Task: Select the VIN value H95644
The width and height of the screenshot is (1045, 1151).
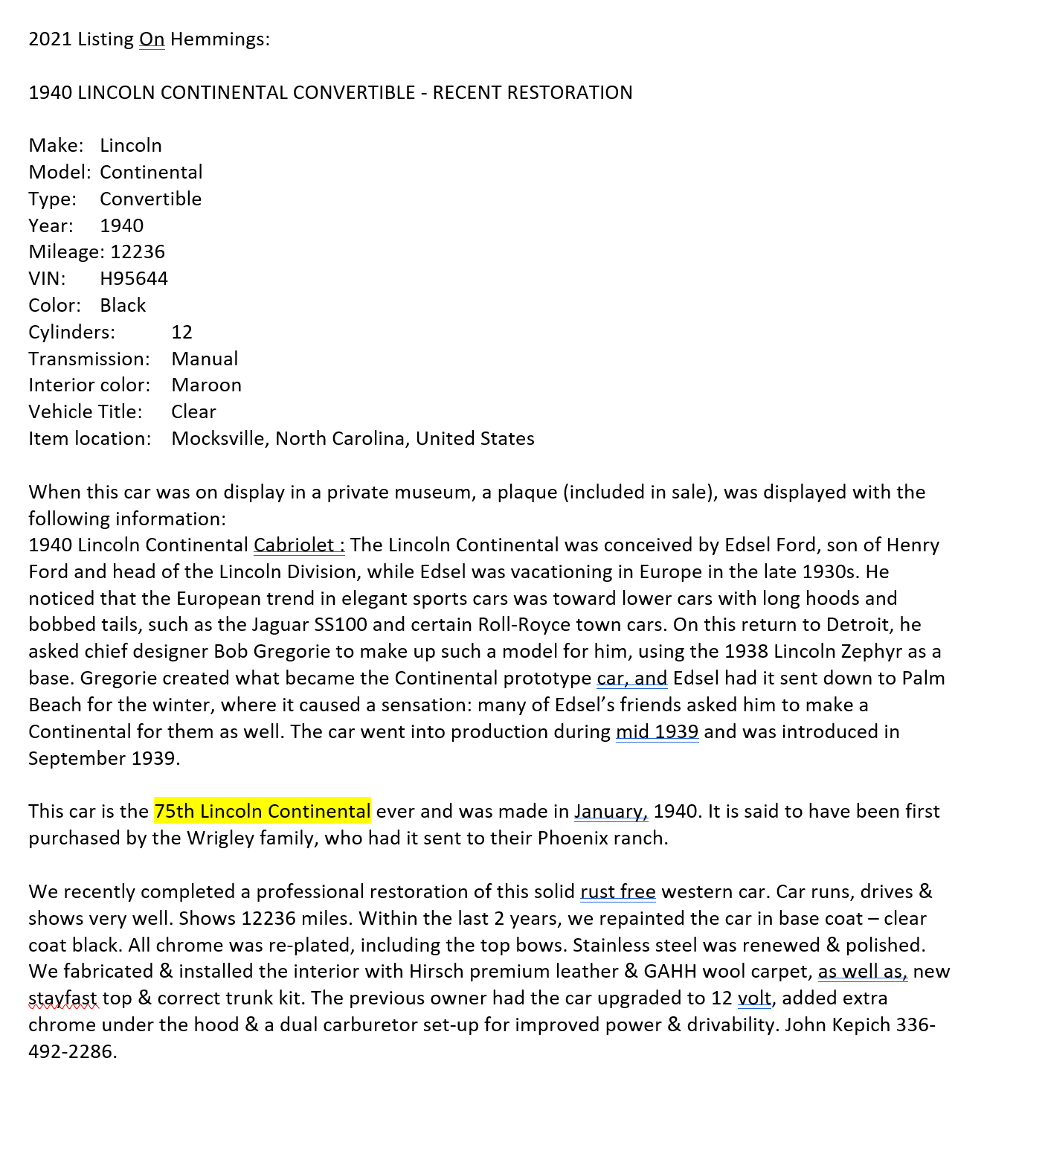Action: tap(134, 279)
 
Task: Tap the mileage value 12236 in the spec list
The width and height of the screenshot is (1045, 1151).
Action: tap(138, 252)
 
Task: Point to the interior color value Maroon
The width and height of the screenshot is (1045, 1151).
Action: tap(206, 385)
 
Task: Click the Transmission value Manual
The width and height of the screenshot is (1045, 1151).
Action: tap(205, 359)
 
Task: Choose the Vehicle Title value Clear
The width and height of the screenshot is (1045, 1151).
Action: tap(193, 412)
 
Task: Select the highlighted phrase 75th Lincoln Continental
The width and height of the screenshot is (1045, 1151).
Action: tap(262, 812)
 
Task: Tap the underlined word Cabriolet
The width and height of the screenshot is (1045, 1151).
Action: tap(295, 545)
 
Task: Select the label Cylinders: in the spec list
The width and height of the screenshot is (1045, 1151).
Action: tap(72, 333)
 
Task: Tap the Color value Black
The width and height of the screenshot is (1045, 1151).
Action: tap(123, 306)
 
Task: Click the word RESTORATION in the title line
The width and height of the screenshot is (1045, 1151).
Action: tap(533, 93)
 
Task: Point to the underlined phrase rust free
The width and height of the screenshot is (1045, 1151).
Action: tap(617, 892)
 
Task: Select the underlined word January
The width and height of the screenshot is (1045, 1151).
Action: tap(610, 812)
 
